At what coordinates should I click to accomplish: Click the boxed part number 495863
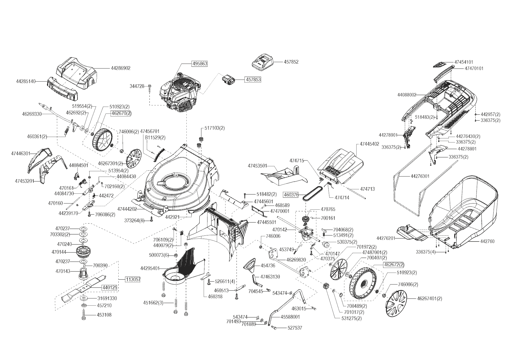(x=199, y=64)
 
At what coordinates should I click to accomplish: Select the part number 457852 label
(x=291, y=62)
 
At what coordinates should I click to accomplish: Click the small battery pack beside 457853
(x=229, y=80)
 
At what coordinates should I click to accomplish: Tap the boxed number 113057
(x=133, y=280)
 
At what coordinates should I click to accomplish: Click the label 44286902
(x=120, y=68)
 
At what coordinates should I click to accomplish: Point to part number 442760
(x=487, y=241)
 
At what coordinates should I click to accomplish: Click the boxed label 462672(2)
(x=394, y=264)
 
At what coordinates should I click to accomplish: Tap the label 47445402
(x=369, y=144)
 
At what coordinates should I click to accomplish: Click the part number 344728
(x=137, y=86)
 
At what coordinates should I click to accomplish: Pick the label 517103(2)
(x=215, y=128)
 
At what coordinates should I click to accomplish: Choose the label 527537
(x=295, y=328)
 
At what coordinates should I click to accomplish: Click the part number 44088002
(x=407, y=95)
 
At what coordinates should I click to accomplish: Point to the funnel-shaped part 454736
(x=251, y=264)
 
